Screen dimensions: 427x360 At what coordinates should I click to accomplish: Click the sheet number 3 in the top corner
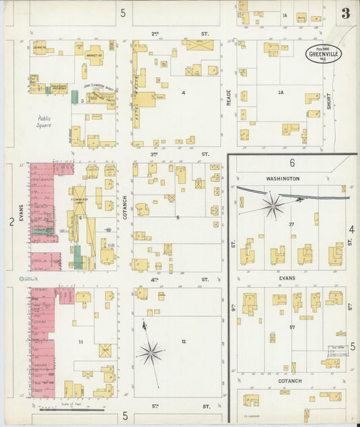coord(345,14)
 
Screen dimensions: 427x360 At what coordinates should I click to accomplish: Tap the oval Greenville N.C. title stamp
coord(324,54)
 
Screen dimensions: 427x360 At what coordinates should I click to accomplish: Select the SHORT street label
coord(330,101)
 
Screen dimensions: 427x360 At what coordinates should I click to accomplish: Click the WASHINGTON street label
coord(282,178)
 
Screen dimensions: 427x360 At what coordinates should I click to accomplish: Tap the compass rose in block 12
coord(151,352)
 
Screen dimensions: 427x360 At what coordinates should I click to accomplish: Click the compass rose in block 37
coord(274,205)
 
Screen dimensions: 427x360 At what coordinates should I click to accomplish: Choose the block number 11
coord(80,342)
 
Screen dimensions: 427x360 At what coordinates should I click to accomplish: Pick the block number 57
coord(292,327)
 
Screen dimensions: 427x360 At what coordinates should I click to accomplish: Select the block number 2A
coord(280,93)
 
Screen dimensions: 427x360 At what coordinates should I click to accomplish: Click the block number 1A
coord(284,15)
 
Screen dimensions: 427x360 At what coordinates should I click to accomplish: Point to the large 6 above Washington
coord(292,163)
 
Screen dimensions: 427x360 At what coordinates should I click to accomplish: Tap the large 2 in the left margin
coord(11,221)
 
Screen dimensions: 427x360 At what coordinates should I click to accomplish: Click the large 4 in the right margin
coord(351,230)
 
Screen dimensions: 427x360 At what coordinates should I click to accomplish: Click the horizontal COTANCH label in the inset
coord(290,381)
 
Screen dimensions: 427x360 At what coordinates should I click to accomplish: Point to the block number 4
coord(183,92)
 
